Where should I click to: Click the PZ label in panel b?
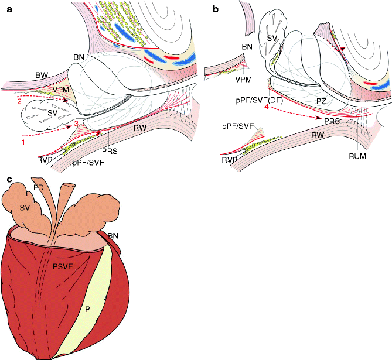click(321, 102)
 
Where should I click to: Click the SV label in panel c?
click(25, 207)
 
